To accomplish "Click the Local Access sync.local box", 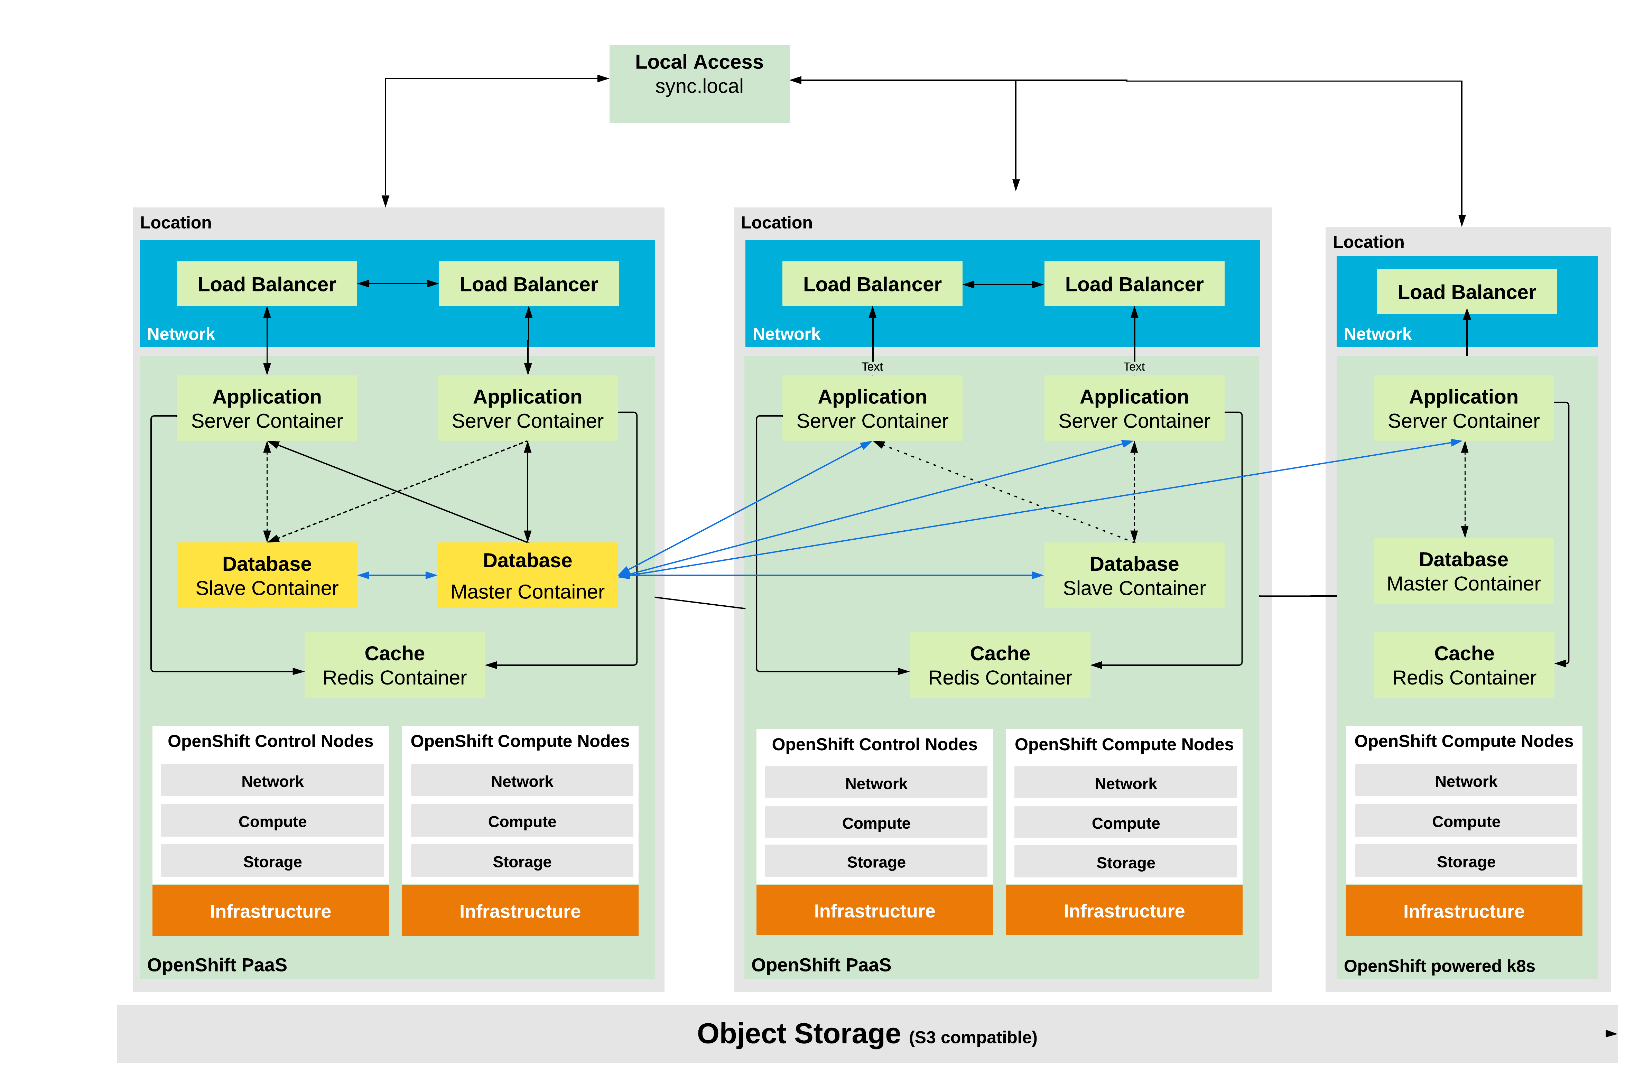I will [699, 83].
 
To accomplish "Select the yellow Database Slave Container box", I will [267, 575].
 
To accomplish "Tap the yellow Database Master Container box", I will [527, 575].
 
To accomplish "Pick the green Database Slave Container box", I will [1133, 575].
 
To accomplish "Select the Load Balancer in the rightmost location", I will [1466, 292].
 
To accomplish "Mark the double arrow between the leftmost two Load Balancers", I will [397, 283].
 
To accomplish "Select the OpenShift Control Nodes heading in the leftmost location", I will [270, 741].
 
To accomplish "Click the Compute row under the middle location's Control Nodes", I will [876, 823].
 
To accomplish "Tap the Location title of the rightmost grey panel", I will [1367, 242].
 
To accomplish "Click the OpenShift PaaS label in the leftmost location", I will [217, 965].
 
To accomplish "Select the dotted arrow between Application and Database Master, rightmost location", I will [1465, 490].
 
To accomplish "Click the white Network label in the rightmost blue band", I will [1377, 334].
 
